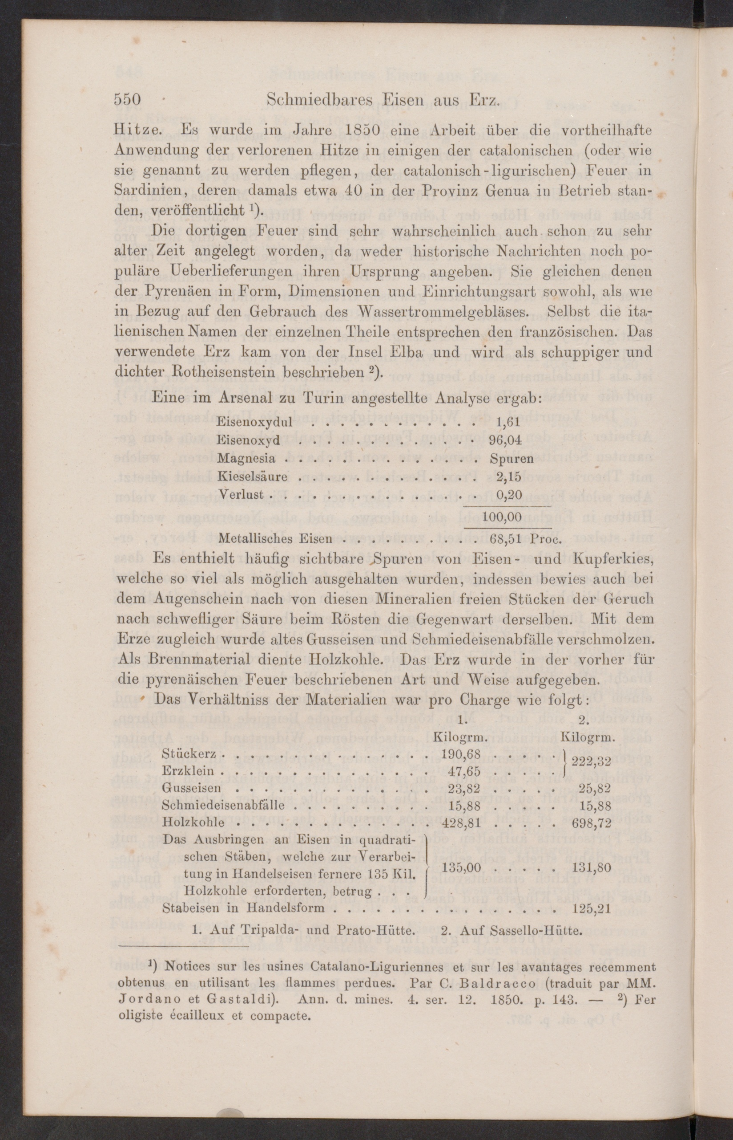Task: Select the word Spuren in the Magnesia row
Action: click(511, 458)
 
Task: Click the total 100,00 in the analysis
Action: click(503, 517)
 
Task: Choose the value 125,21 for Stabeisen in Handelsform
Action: click(591, 908)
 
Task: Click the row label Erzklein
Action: click(189, 770)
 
